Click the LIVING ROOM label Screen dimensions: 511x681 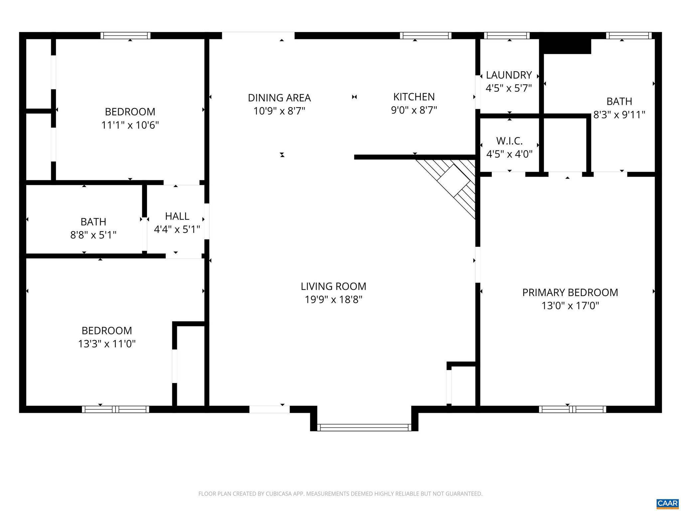pos(334,286)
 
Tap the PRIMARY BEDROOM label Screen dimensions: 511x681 pos(570,292)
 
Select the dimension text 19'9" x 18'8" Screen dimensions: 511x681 pos(334,300)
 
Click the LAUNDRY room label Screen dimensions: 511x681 pos(509,75)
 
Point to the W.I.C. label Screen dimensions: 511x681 pos(509,141)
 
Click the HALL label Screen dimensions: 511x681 pos(177,216)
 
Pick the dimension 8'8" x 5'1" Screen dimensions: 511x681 pos(93,235)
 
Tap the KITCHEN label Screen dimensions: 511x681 pos(414,97)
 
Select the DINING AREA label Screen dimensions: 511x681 pos(279,98)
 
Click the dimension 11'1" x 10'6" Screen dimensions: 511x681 pos(130,125)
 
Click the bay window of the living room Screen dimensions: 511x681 pos(364,427)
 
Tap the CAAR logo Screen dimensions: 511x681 pos(667,503)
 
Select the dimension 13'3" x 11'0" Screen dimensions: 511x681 pos(107,344)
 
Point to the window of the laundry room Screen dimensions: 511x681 pos(507,36)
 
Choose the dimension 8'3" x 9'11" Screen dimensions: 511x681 pos(619,115)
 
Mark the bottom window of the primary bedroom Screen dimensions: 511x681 pos(572,409)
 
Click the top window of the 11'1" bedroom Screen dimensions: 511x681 pos(125,36)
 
